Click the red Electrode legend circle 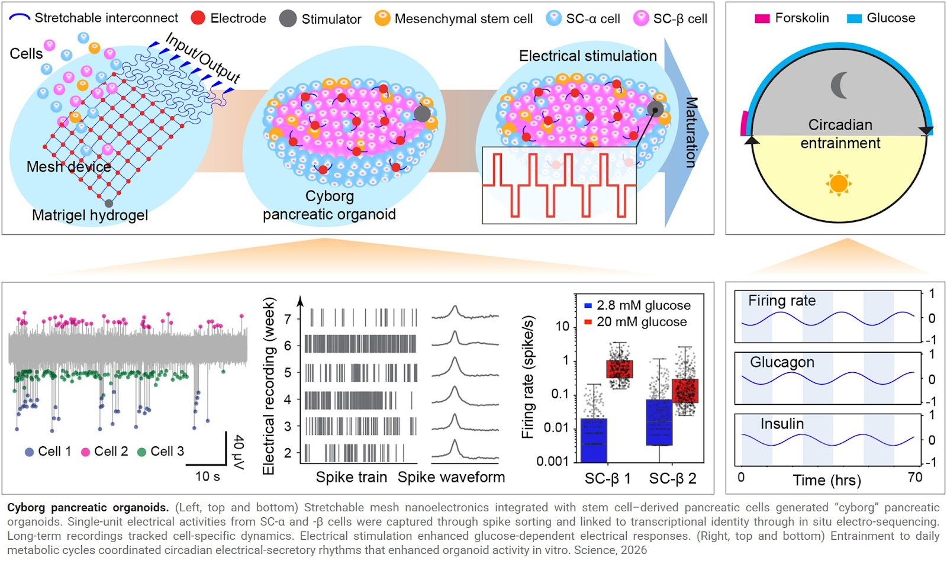[198, 18]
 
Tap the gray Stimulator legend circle [288, 18]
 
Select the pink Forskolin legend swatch [762, 18]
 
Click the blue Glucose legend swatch [854, 18]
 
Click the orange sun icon [838, 183]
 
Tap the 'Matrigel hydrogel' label [90, 215]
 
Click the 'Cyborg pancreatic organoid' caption [329, 205]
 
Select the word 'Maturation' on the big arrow [691, 133]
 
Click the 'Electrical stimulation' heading [588, 56]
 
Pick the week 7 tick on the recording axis [288, 319]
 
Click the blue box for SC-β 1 [594, 440]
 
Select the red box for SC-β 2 [685, 391]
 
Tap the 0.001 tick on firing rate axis [552, 461]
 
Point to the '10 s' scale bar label [207, 476]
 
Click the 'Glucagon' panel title [782, 362]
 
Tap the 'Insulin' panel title [782, 424]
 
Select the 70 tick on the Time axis [914, 477]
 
